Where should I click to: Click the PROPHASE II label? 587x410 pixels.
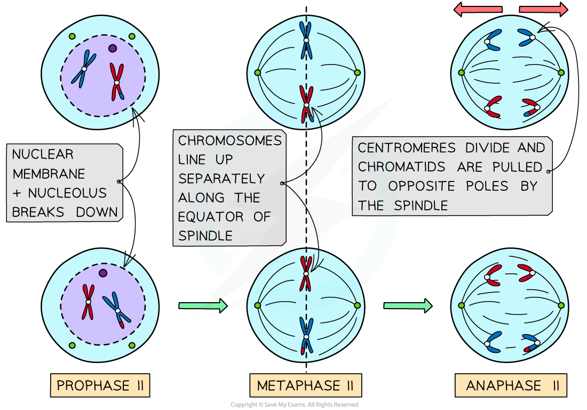click(100, 385)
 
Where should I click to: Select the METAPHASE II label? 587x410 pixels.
click(305, 385)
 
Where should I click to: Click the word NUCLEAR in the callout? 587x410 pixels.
click(43, 155)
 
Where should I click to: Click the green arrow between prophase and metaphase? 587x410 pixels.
click(202, 305)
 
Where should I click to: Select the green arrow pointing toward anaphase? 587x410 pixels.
click(407, 305)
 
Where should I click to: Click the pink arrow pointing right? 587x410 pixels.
click(543, 9)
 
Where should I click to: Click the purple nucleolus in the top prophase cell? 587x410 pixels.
click(112, 48)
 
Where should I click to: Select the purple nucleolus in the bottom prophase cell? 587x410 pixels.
click(103, 273)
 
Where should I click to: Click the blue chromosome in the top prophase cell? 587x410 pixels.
click(83, 69)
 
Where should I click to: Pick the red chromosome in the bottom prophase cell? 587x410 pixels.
click(88, 302)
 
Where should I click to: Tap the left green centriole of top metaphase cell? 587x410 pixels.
click(257, 73)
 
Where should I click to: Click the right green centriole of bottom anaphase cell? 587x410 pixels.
click(561, 305)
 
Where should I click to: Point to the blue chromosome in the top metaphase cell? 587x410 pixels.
click(306, 40)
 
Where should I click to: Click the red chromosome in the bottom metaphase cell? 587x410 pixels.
click(306, 273)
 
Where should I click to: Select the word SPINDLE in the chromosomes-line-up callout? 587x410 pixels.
click(205, 235)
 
